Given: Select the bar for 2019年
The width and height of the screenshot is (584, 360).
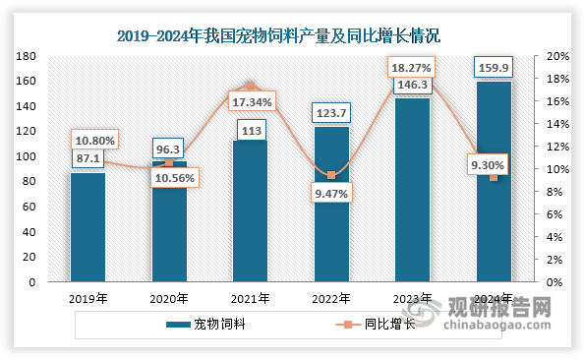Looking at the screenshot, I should tap(88, 227).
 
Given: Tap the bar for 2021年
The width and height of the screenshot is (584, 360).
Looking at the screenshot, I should tap(250, 211).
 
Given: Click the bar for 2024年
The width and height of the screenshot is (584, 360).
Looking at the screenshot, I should tap(494, 182).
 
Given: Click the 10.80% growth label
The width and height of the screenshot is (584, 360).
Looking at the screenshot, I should tap(93, 141).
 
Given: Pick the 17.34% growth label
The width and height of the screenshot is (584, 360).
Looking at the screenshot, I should tap(251, 101).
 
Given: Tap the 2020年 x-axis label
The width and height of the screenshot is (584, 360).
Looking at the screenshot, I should tap(169, 299).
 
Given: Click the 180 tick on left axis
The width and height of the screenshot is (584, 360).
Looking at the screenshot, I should tap(27, 56).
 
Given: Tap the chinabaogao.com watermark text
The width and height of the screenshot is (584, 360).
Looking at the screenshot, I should tap(507, 323).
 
